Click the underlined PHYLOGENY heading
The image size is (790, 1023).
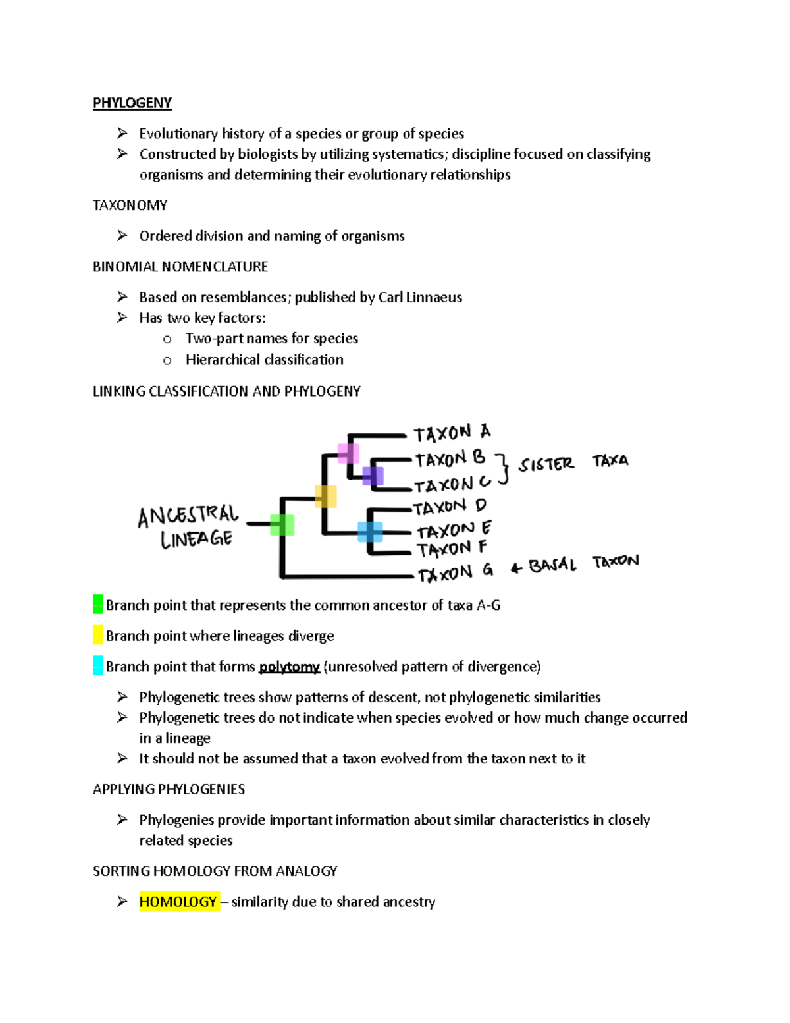[x=132, y=103]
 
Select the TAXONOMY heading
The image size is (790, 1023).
[x=130, y=205]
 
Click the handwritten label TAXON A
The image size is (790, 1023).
[x=452, y=433]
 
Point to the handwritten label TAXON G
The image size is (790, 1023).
[x=455, y=572]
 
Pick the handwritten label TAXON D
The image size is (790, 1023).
[x=450, y=507]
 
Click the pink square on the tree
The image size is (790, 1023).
[x=348, y=453]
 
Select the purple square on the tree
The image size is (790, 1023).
[x=373, y=476]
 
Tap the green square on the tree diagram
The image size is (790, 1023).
[x=282, y=525]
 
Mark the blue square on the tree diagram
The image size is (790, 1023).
[x=370, y=532]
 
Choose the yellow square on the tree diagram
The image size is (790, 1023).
[x=325, y=496]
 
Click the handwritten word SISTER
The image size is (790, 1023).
[x=546, y=464]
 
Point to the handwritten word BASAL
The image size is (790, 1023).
[x=552, y=565]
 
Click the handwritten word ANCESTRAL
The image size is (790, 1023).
[x=188, y=515]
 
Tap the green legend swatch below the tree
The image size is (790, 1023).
[x=98, y=604]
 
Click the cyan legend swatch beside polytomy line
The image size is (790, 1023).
[x=98, y=665]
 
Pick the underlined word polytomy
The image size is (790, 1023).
[x=289, y=667]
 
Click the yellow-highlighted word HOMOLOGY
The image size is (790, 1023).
[x=178, y=901]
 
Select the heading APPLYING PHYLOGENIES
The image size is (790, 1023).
[x=169, y=788]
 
